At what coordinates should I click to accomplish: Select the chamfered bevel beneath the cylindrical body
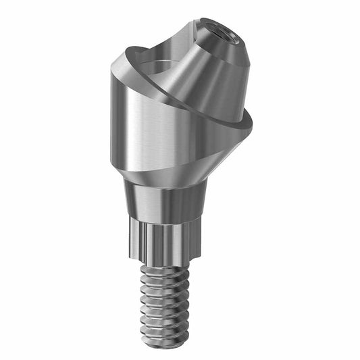pos(176,177)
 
